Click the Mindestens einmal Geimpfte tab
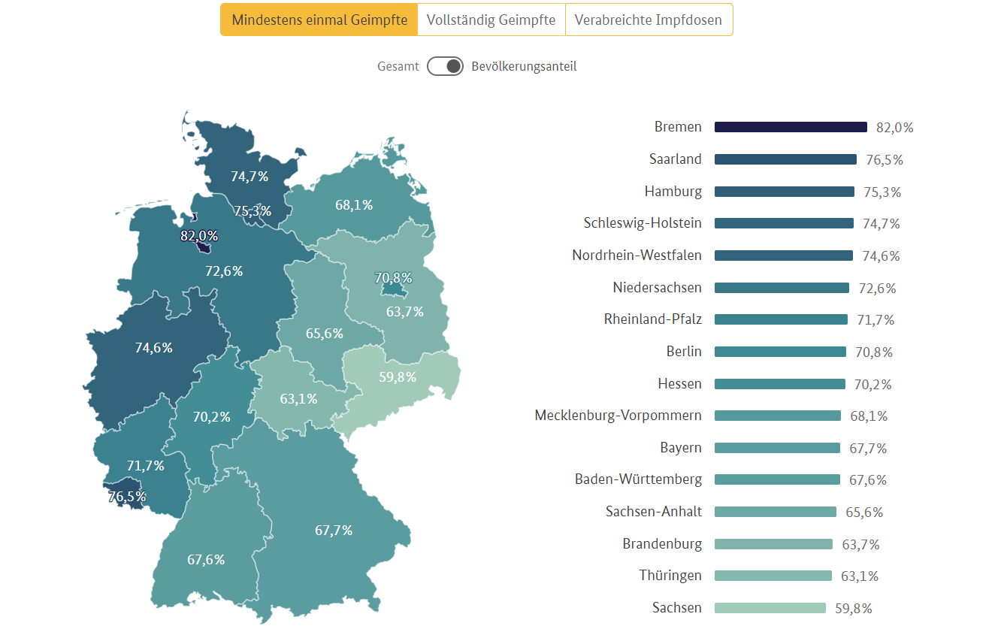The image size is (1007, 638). click(319, 20)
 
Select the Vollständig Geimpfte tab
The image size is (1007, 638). click(491, 20)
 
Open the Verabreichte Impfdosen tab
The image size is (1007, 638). click(648, 20)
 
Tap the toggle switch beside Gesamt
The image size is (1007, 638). click(445, 66)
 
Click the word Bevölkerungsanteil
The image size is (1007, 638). click(524, 66)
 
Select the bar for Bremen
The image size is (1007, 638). click(791, 127)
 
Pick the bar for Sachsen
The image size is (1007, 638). click(770, 608)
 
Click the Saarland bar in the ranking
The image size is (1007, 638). click(785, 159)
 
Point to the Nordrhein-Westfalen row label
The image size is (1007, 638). click(637, 256)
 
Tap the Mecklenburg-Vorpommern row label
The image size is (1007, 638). click(618, 416)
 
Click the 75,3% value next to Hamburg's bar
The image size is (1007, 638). click(882, 192)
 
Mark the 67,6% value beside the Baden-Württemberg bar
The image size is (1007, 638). click(868, 480)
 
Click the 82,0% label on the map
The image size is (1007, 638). click(199, 236)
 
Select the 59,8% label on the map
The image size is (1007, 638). click(398, 377)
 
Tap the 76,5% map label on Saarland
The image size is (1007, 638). click(127, 497)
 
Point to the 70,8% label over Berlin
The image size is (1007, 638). click(393, 278)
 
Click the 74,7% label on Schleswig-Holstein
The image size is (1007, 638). click(249, 177)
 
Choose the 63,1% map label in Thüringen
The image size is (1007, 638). click(298, 399)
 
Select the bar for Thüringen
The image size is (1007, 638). click(773, 576)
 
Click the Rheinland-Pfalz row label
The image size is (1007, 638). click(652, 319)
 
